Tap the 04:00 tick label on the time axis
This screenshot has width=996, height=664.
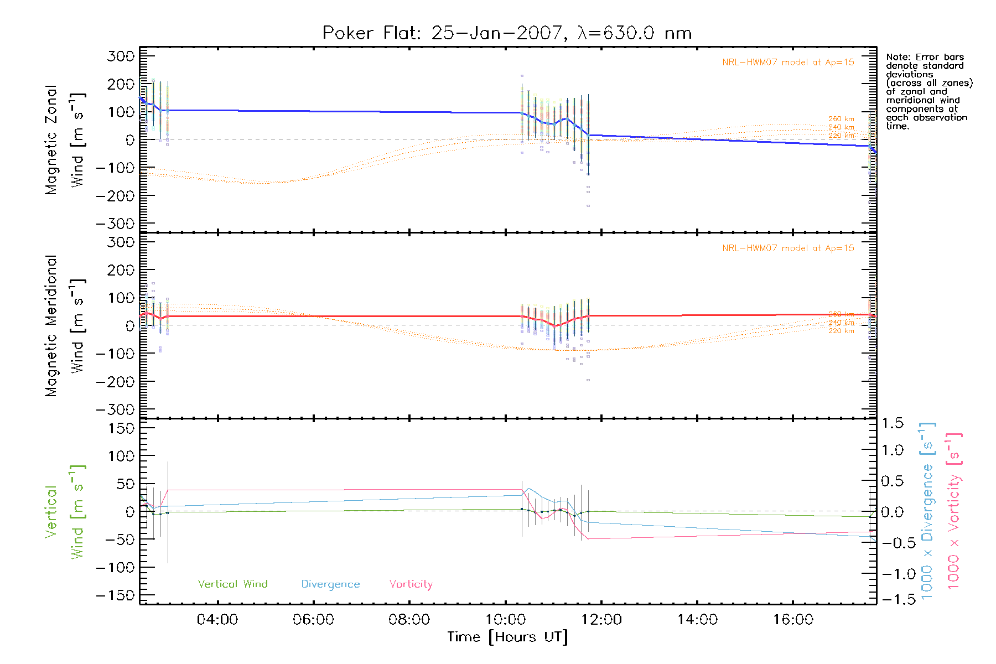(x=217, y=620)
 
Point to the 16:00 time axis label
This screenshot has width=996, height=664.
(x=793, y=620)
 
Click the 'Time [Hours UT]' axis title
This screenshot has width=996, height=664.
(x=507, y=637)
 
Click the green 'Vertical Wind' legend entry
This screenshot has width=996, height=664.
(x=232, y=584)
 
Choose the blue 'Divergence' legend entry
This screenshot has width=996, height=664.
(x=330, y=584)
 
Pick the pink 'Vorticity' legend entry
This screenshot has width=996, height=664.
(x=411, y=584)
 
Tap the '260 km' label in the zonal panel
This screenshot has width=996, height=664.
(x=841, y=119)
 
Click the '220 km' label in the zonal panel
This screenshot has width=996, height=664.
(x=841, y=136)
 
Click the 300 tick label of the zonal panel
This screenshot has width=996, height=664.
(x=121, y=56)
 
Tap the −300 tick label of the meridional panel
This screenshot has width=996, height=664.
(x=116, y=409)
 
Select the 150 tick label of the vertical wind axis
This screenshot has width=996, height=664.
(x=121, y=428)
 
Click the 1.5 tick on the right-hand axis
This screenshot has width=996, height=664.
(x=892, y=423)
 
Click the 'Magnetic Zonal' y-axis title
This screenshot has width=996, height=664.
(x=51, y=140)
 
